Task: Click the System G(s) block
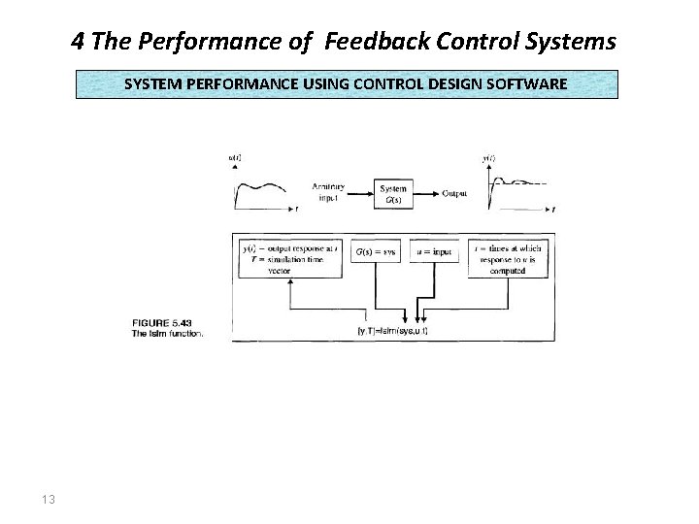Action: (x=393, y=194)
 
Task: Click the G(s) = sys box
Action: (x=377, y=251)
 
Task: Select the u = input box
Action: (x=433, y=251)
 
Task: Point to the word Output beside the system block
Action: (x=454, y=193)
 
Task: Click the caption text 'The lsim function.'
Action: (x=168, y=334)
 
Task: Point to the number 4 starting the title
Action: (x=77, y=42)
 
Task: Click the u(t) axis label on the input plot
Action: (x=235, y=157)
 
